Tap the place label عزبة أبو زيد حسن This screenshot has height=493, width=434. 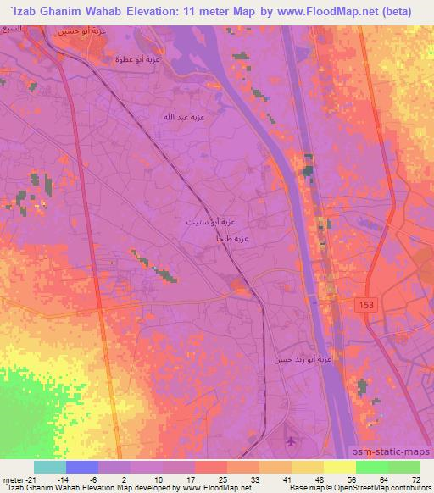point(301,360)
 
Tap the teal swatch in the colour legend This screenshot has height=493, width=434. point(50,467)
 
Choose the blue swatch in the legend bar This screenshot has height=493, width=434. point(82,467)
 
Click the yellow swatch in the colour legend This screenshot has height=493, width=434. point(340,467)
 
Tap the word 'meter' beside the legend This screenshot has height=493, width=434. point(11,479)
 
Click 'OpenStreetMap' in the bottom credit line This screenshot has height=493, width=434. point(359,488)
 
